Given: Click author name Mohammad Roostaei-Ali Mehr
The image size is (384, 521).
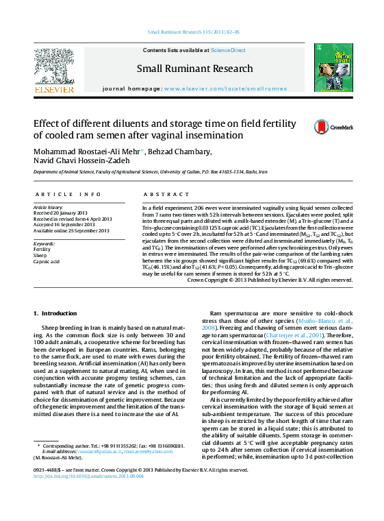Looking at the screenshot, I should click(87, 152).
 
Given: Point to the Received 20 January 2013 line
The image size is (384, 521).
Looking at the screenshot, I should click(62, 213).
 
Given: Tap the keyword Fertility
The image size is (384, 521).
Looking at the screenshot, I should click(42, 250).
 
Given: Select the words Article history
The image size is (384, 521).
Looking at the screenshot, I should click(49, 207).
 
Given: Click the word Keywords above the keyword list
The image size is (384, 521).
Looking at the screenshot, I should click(44, 243).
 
